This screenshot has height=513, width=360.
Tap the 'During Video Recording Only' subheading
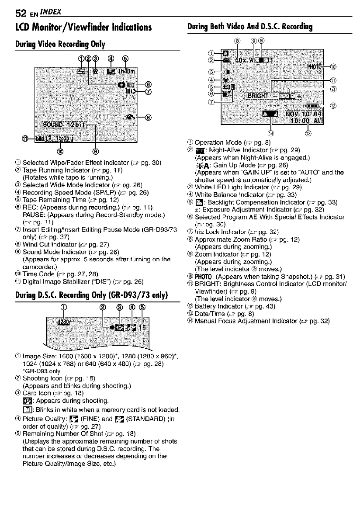tap(59, 44)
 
